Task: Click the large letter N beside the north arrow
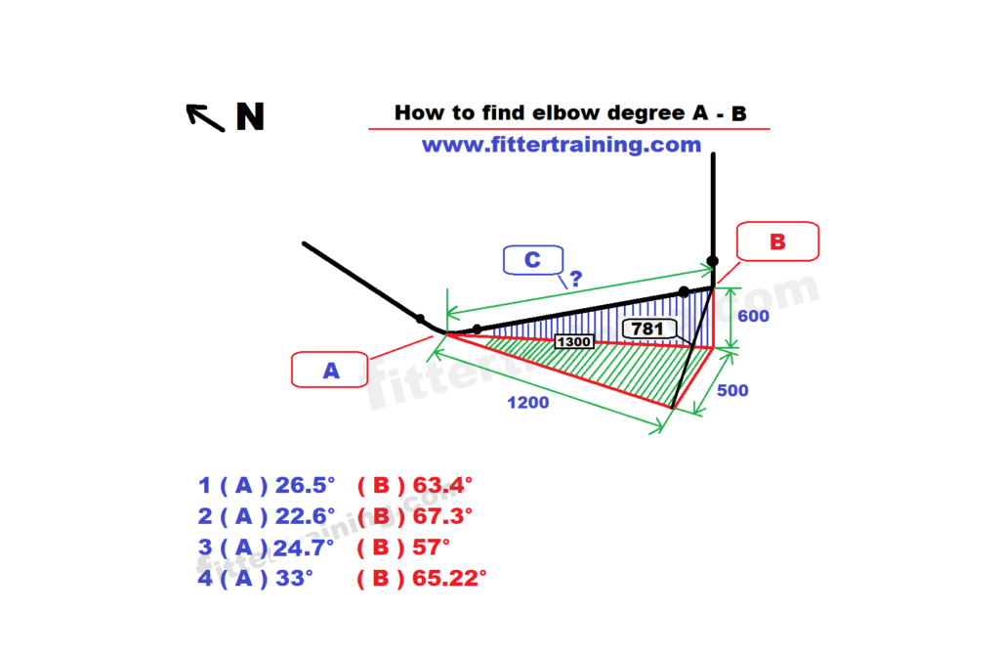point(250,116)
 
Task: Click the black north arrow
point(205,117)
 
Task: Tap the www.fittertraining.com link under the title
point(562,145)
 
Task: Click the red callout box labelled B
point(777,241)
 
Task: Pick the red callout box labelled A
point(330,370)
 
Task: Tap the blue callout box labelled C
point(533,260)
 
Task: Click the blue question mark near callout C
point(576,279)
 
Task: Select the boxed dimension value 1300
point(574,342)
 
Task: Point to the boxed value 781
point(648,329)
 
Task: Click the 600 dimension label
point(753,316)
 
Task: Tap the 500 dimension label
point(732,390)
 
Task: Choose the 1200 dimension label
point(528,402)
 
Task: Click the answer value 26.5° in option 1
point(305,485)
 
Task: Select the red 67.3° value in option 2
point(442,515)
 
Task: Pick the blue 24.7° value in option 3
point(304,547)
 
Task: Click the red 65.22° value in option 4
point(449,578)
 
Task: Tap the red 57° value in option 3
point(431,547)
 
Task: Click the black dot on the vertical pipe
point(712,261)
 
